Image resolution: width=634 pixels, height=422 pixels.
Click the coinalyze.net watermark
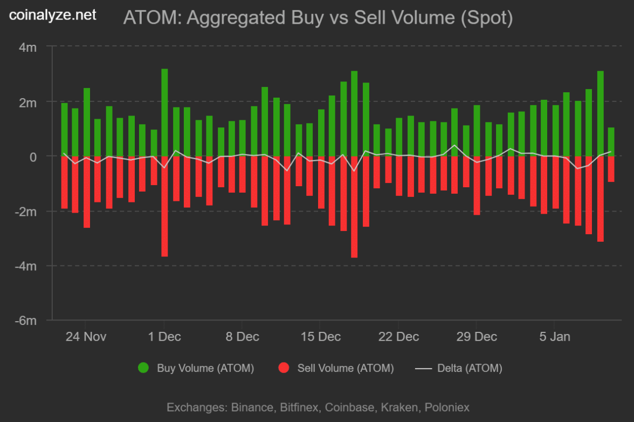pyautogui.click(x=53, y=15)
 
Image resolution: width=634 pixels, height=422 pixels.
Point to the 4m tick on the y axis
pyautogui.click(x=27, y=47)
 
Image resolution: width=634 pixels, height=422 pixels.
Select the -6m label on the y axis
pyautogui.click(x=25, y=321)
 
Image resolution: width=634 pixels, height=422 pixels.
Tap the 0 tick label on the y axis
pyautogui.click(x=33, y=156)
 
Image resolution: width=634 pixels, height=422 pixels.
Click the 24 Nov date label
pyautogui.click(x=86, y=337)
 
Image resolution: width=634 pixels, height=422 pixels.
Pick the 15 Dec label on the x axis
pyautogui.click(x=321, y=337)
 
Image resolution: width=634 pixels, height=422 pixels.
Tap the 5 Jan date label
pyautogui.click(x=555, y=337)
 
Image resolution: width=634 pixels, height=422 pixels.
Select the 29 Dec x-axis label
pyautogui.click(x=477, y=337)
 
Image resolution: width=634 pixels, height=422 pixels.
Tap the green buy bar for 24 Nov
pyautogui.click(x=87, y=122)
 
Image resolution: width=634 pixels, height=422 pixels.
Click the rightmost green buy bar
pyautogui.click(x=611, y=142)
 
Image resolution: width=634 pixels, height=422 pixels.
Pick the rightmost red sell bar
pyautogui.click(x=611, y=169)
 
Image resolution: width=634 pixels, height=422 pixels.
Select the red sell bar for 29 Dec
pyautogui.click(x=477, y=186)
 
